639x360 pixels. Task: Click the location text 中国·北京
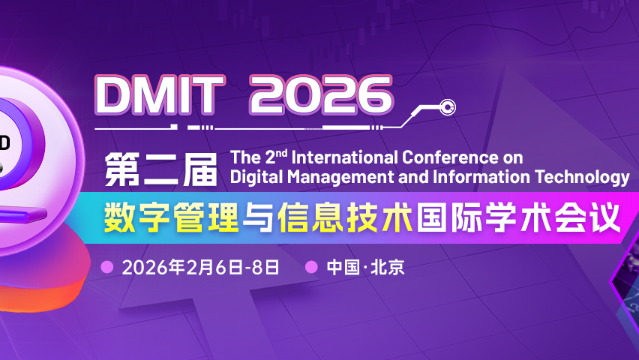(x=365, y=267)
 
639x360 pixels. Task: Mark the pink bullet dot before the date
(x=106, y=267)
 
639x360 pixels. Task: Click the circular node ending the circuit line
(x=447, y=108)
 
